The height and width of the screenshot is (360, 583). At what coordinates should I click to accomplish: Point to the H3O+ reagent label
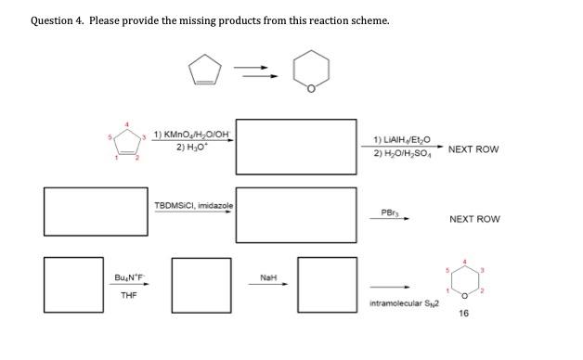[190, 148]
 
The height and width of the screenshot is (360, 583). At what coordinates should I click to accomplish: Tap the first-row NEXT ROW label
[473, 148]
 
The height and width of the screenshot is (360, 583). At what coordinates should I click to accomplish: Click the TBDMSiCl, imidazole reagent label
[192, 204]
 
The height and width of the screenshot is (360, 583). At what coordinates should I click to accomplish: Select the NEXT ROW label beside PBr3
[474, 219]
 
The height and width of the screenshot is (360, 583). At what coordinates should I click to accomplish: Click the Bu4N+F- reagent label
[130, 277]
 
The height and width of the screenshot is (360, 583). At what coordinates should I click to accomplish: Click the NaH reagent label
[267, 276]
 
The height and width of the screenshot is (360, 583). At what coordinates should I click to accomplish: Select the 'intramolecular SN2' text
[402, 303]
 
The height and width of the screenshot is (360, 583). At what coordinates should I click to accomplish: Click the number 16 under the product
[464, 314]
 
